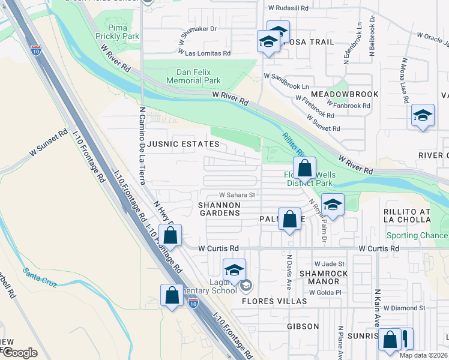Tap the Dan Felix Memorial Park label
tap(193, 76)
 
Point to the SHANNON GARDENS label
tap(219, 209)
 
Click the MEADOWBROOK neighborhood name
tap(344, 94)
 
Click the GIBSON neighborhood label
tap(303, 326)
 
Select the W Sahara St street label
tap(237, 195)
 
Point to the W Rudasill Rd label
tap(288, 8)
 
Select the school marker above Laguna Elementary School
tap(234, 269)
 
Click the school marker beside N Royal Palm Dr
tap(333, 204)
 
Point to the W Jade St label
tap(330, 264)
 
